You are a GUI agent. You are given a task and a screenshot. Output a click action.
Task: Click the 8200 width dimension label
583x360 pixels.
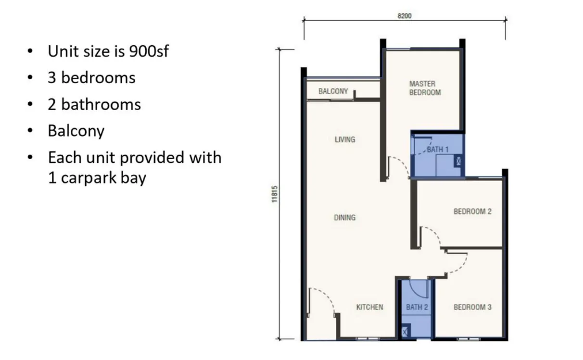click(405, 16)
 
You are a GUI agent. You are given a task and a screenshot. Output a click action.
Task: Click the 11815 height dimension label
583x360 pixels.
click(275, 194)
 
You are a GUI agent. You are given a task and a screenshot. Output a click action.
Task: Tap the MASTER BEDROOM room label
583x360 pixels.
click(425, 88)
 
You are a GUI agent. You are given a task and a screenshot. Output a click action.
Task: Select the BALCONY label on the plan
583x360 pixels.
click(333, 91)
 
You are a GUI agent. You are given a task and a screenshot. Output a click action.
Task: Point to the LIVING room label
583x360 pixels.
click(345, 140)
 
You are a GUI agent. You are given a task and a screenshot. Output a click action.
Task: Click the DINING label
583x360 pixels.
click(344, 217)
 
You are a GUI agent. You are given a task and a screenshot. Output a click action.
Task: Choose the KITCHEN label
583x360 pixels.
click(369, 307)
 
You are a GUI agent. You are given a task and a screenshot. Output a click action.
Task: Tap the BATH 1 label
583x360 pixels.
click(438, 149)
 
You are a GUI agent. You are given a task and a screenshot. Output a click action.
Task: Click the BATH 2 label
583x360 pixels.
click(417, 307)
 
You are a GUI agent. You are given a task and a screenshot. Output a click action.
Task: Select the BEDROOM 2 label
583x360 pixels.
click(473, 211)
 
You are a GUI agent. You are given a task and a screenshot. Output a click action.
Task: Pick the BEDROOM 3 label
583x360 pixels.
click(473, 307)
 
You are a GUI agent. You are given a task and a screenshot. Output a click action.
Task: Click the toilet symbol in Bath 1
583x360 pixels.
click(458, 161)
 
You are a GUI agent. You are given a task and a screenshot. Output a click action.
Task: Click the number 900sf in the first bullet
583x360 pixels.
click(149, 51)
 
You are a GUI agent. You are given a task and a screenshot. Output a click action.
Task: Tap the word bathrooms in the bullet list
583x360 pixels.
click(101, 105)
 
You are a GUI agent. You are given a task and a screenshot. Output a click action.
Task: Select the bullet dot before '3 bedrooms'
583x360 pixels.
click(30, 77)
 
